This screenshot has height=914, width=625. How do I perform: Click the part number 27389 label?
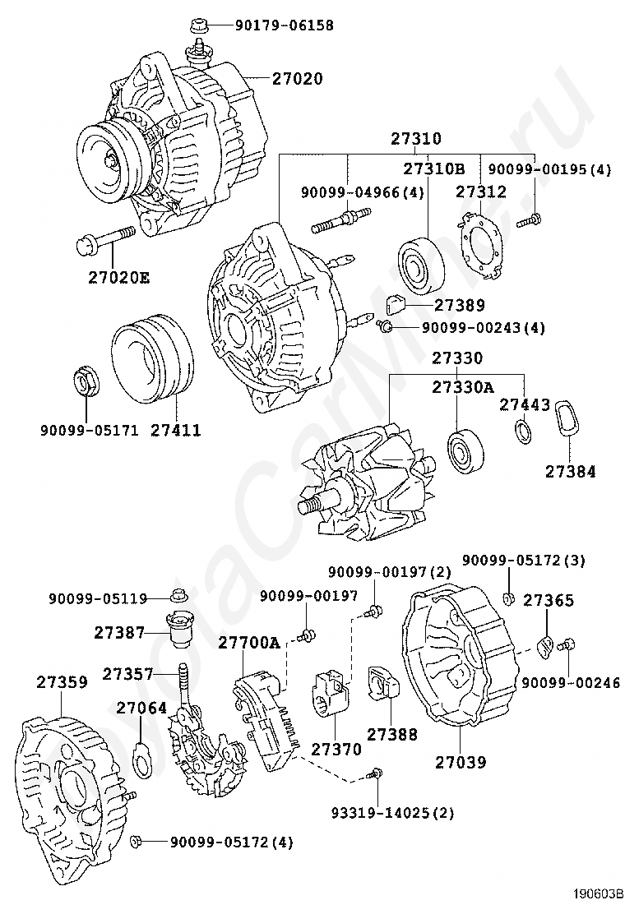click(460, 305)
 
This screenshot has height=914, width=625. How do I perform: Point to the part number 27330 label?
click(459, 358)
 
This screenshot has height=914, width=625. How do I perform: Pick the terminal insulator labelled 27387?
click(181, 630)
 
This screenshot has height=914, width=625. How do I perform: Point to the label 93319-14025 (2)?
click(392, 814)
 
